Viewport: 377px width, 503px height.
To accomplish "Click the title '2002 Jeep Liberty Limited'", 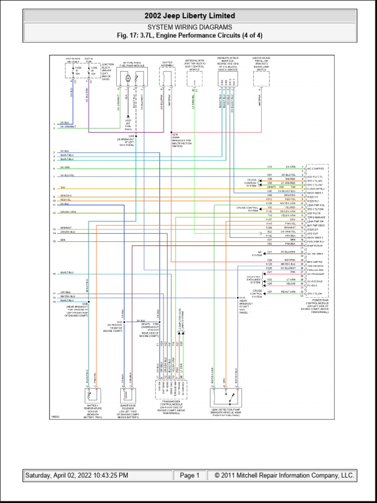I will pyautogui.click(x=189, y=16).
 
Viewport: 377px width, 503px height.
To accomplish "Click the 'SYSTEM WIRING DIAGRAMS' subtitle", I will pyautogui.click(x=189, y=28).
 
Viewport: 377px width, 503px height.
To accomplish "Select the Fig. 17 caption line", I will pyautogui.click(x=189, y=35).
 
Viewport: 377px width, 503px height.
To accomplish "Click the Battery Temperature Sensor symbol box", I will pyautogui.click(x=93, y=396).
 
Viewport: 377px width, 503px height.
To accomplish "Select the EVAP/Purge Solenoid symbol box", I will pyautogui.click(x=127, y=396).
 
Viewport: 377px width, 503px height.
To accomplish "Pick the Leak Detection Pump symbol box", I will pyautogui.click(x=224, y=396).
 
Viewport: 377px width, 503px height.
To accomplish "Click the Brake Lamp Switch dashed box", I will pyautogui.click(x=261, y=79).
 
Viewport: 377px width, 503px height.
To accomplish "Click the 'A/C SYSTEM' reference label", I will pyautogui.click(x=257, y=253).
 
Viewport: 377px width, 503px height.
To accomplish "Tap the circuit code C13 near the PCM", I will pyautogui.click(x=269, y=167).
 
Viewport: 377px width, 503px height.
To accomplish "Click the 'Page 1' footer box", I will pyautogui.click(x=189, y=475).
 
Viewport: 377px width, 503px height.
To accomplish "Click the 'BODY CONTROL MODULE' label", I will pyautogui.click(x=195, y=67).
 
